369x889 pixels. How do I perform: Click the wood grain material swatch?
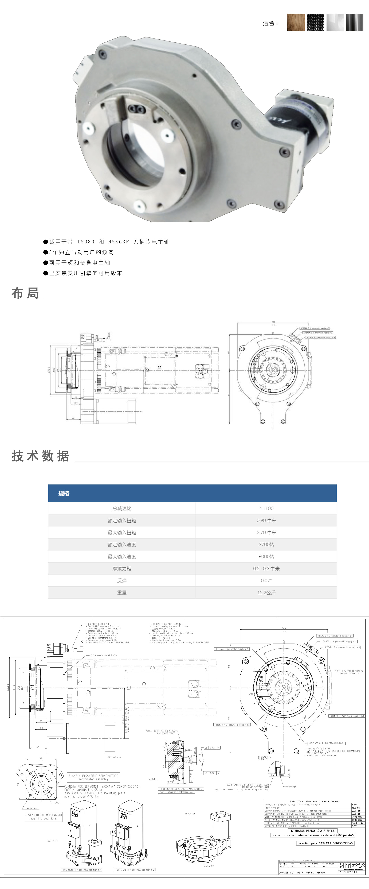pos(296,22)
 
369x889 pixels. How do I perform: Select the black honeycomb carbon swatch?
pos(316,22)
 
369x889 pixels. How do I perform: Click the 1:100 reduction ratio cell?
pos(266,508)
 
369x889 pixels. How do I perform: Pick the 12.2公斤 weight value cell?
pos(266,593)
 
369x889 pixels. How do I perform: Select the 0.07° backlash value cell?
pos(266,580)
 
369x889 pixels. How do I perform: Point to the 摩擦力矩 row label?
pos(122,568)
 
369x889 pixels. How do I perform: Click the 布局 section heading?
pos(25,293)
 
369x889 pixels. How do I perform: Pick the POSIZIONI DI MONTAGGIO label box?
pos(43,817)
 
